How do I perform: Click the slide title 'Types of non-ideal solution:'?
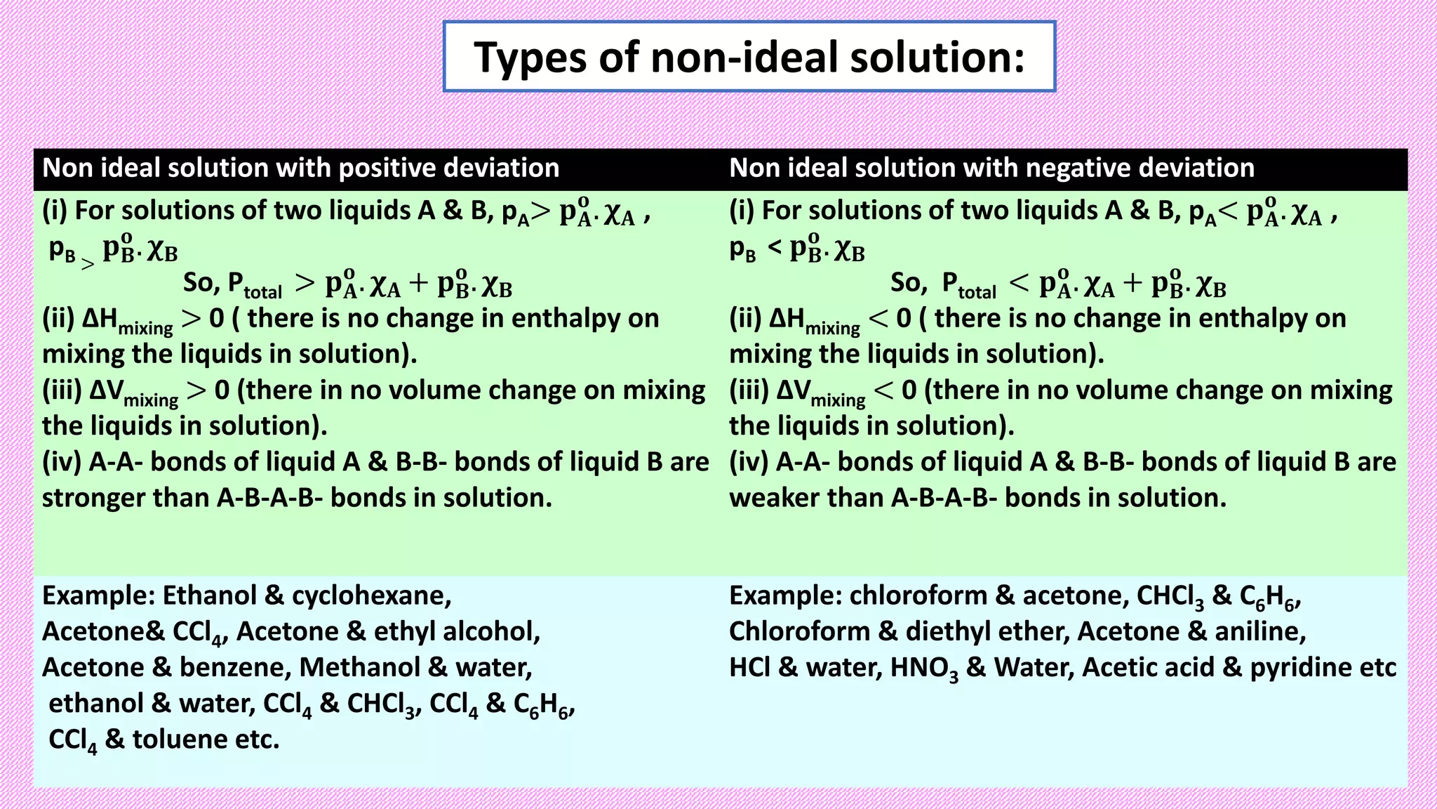click(749, 57)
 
